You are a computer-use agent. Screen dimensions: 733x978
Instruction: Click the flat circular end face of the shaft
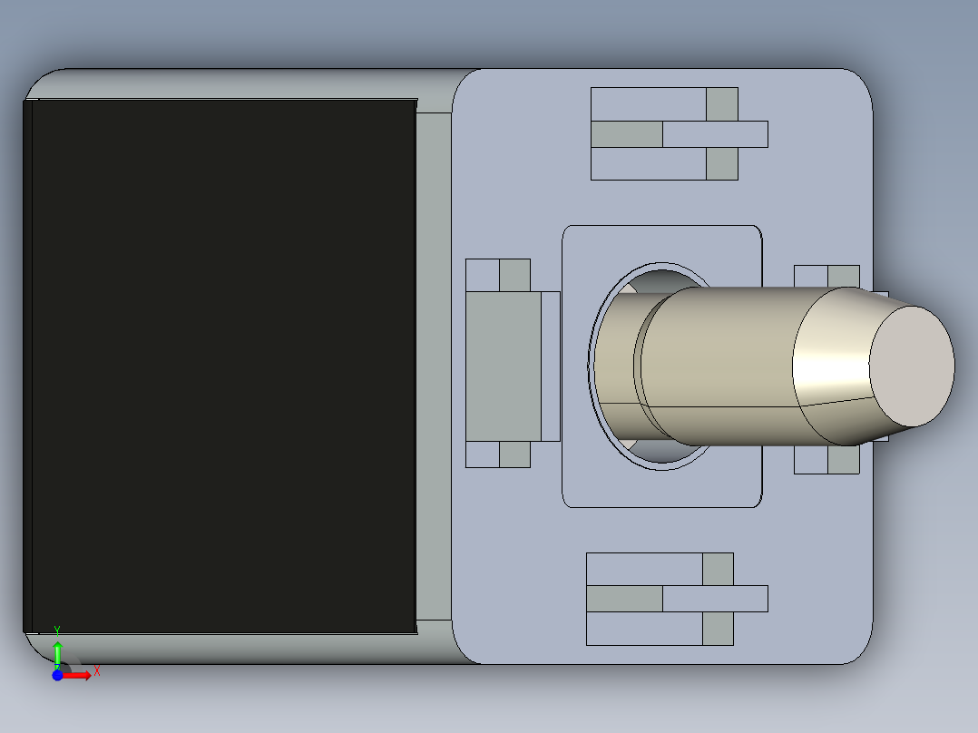click(x=912, y=366)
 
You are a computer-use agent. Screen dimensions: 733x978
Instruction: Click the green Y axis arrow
click(x=57, y=652)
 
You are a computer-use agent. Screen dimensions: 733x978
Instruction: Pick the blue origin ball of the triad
click(x=57, y=676)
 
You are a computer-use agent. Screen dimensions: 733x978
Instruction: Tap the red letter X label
click(x=96, y=671)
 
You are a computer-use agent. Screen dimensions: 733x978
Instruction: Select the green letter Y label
click(x=57, y=630)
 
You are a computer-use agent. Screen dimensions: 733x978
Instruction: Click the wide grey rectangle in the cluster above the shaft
click(x=626, y=134)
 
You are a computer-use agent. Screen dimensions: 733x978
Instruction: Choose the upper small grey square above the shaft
click(x=721, y=103)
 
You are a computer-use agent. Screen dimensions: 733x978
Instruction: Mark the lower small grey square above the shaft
click(x=721, y=164)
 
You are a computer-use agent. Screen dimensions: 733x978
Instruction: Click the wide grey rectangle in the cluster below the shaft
click(x=624, y=599)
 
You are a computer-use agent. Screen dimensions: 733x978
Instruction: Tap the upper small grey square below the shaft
click(x=718, y=569)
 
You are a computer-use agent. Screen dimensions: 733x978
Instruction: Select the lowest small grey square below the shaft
click(x=718, y=629)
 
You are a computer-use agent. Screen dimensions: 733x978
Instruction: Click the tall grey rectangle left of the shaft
click(x=504, y=366)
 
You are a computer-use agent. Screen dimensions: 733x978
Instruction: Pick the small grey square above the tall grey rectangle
click(x=514, y=275)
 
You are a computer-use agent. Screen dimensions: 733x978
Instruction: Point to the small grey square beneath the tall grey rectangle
click(x=514, y=454)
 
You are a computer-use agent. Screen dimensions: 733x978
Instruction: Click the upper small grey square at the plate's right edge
click(x=844, y=276)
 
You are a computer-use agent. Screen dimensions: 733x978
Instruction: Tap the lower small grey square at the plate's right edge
click(x=844, y=460)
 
